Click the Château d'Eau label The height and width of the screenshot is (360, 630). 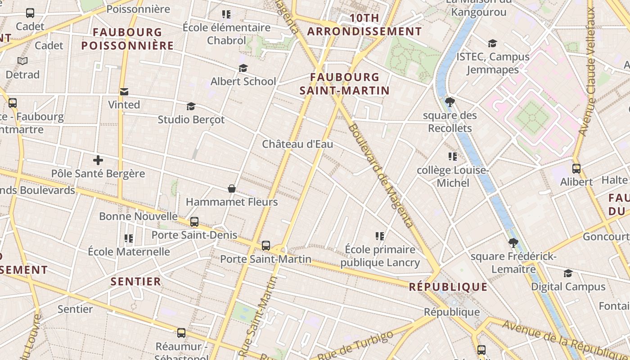click(x=297, y=144)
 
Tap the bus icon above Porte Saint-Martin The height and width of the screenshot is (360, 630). click(x=266, y=246)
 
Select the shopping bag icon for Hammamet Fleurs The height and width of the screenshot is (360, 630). click(x=232, y=189)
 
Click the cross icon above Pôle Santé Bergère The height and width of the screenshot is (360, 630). click(x=98, y=160)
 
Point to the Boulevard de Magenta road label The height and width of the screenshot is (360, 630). click(x=381, y=175)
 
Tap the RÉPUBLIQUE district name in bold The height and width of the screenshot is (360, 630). click(x=448, y=287)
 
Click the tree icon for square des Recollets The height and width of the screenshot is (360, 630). click(x=450, y=102)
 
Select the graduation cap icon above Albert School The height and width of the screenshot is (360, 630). click(x=243, y=68)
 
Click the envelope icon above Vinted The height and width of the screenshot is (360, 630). click(x=124, y=92)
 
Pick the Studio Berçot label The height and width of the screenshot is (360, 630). click(x=191, y=120)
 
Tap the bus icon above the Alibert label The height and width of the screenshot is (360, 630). click(x=576, y=169)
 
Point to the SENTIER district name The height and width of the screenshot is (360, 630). click(x=136, y=282)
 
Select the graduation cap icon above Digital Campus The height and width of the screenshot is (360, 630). click(x=568, y=274)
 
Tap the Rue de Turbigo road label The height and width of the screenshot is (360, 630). click(x=355, y=346)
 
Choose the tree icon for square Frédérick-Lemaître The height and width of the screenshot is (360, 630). click(x=513, y=243)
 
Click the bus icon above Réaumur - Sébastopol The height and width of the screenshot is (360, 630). click(x=181, y=333)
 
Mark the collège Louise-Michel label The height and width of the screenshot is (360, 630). click(x=452, y=176)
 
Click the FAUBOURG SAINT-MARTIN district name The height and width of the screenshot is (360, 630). click(x=345, y=84)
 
